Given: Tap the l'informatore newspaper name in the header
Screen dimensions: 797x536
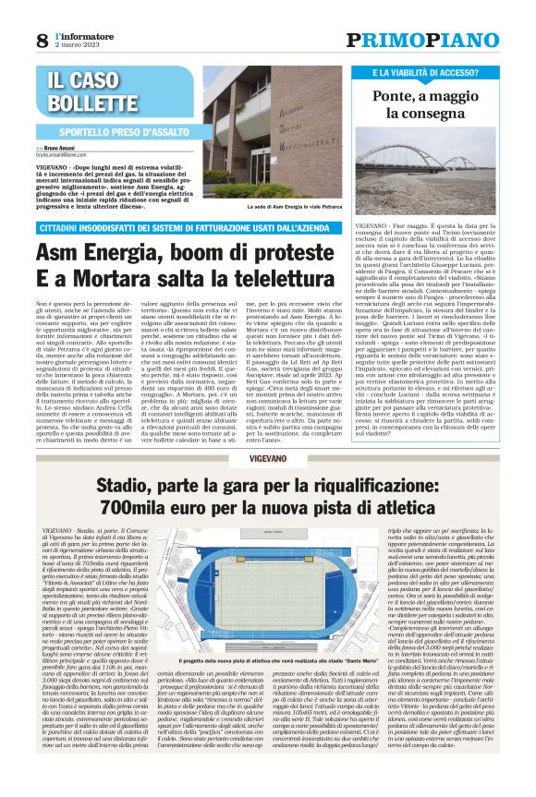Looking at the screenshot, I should (x=76, y=34).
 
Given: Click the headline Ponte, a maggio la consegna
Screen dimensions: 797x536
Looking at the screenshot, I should (x=436, y=104).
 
